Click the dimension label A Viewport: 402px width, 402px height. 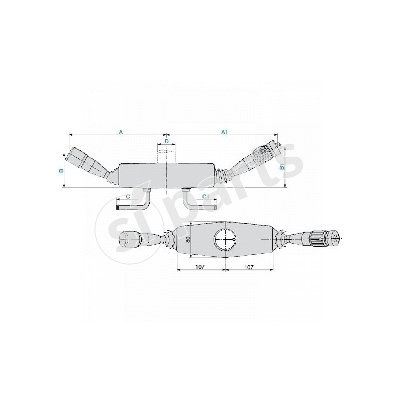coord(121,132)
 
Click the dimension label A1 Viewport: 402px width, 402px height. coord(225,132)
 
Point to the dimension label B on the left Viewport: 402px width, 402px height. coord(61,171)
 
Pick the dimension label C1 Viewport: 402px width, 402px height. coord(205,196)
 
